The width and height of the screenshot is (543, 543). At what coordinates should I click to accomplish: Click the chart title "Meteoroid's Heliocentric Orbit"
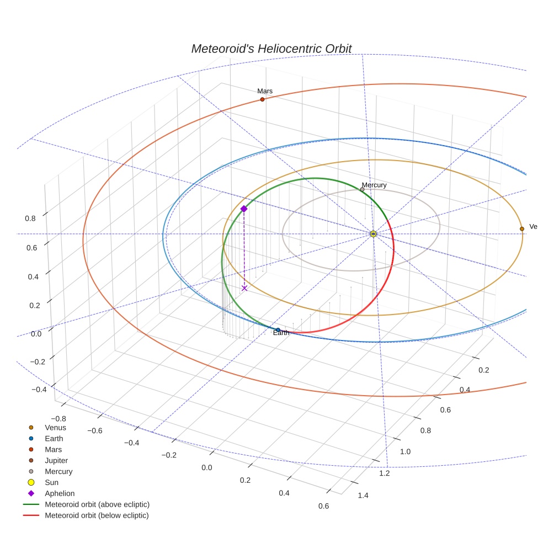pyautogui.click(x=271, y=49)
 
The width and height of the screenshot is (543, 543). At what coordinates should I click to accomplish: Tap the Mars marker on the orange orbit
pyautogui.click(x=262, y=99)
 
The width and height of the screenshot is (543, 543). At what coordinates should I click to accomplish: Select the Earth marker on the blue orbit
pyautogui.click(x=278, y=330)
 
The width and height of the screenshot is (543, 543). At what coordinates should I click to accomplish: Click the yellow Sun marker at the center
pyautogui.click(x=373, y=234)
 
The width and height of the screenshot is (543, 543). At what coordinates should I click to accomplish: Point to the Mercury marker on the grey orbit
pyautogui.click(x=362, y=189)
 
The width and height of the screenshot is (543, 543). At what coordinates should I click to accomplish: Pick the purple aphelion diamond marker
pyautogui.click(x=244, y=209)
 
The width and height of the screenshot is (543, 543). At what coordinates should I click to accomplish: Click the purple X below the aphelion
pyautogui.click(x=244, y=288)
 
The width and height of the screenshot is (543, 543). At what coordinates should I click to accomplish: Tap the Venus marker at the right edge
pyautogui.click(x=521, y=228)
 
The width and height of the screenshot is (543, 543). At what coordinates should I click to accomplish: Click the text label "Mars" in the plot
pyautogui.click(x=265, y=91)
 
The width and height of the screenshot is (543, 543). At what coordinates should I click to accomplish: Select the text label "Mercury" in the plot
pyautogui.click(x=374, y=185)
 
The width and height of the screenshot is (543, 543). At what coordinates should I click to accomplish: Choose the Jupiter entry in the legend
pyautogui.click(x=56, y=460)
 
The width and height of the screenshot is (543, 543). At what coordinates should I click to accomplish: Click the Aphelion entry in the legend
pyautogui.click(x=60, y=493)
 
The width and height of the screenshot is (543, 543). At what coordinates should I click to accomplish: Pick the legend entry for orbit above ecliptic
pyautogui.click(x=97, y=504)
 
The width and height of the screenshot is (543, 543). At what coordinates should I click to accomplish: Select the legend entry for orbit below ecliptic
pyautogui.click(x=97, y=515)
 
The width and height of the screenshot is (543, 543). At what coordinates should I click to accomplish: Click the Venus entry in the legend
pyautogui.click(x=55, y=427)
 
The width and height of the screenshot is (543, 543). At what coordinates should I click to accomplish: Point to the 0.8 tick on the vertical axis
pyautogui.click(x=30, y=218)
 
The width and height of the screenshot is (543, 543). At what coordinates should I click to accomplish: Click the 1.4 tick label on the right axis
pyautogui.click(x=363, y=496)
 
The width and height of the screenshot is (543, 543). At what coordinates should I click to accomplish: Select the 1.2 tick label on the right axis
pyautogui.click(x=385, y=473)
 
